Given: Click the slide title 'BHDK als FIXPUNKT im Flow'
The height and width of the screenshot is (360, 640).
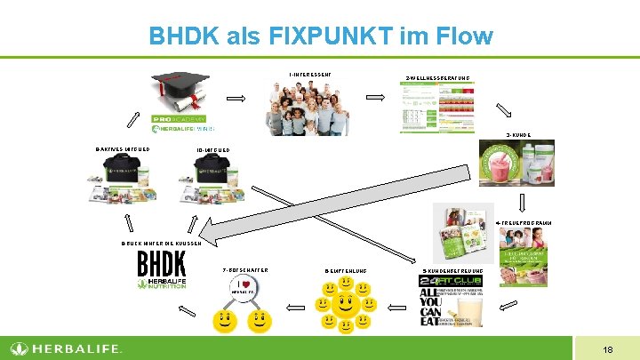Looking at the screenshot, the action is (320, 36).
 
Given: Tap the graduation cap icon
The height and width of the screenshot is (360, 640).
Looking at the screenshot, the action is (179, 90).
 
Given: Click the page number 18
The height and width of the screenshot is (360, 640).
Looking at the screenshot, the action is (606, 349).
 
